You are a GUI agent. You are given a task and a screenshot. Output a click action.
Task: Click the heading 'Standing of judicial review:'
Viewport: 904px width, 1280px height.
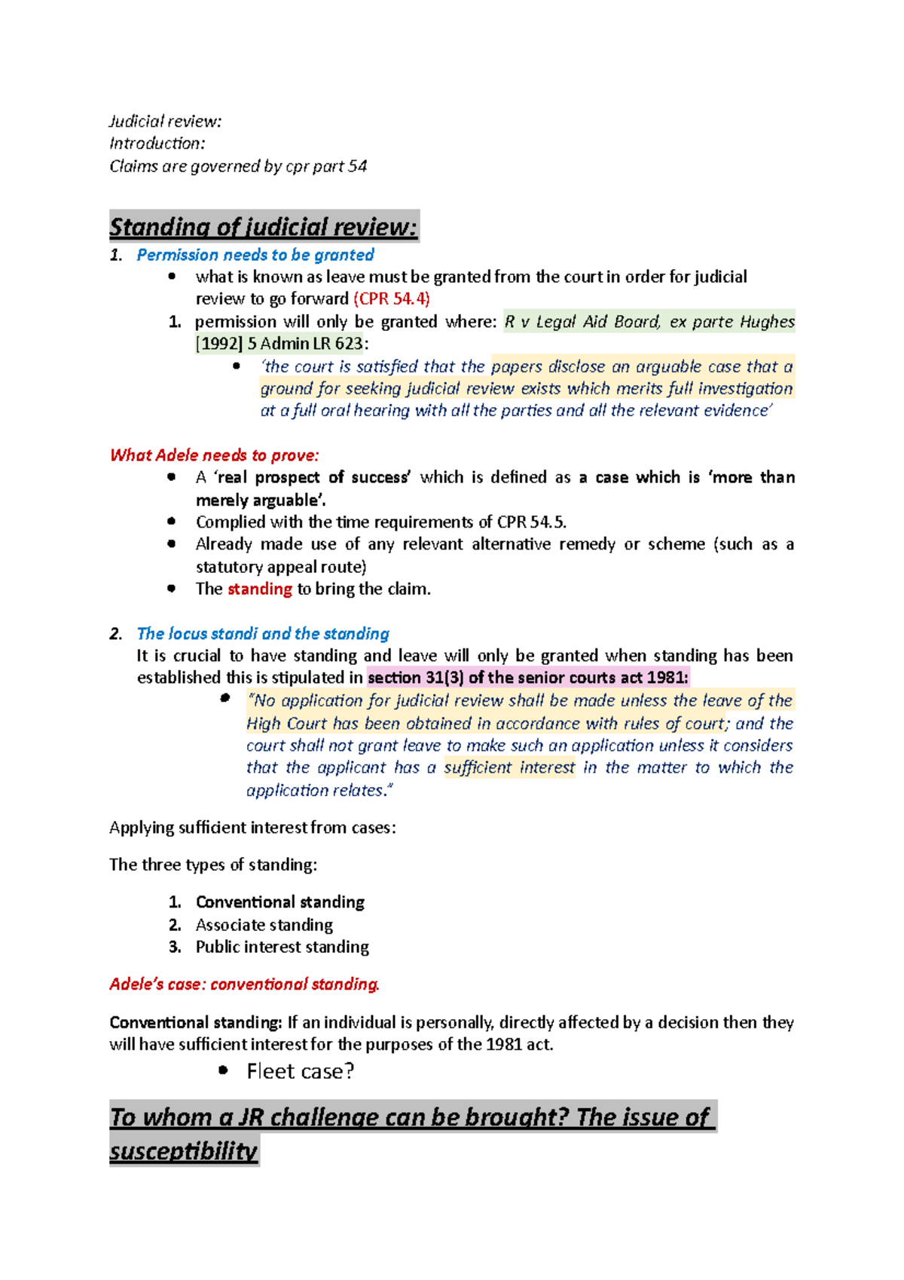click(x=263, y=227)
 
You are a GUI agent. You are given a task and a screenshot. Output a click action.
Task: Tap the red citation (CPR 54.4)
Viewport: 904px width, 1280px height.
click(x=391, y=299)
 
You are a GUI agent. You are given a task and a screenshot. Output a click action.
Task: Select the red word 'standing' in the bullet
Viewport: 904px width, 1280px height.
click(x=259, y=589)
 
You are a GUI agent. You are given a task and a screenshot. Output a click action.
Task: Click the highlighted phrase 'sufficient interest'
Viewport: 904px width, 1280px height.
click(x=508, y=768)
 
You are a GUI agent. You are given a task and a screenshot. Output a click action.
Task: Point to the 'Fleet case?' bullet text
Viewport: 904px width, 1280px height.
click(x=300, y=1071)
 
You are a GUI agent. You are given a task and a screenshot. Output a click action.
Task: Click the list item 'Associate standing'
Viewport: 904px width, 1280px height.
click(x=264, y=925)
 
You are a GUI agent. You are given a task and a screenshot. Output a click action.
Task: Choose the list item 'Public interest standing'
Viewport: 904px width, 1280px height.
click(x=282, y=948)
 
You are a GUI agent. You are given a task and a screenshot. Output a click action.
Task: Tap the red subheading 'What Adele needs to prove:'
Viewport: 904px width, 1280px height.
click(x=214, y=455)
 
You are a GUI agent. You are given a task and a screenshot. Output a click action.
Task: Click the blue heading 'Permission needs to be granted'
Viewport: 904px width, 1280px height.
click(x=255, y=256)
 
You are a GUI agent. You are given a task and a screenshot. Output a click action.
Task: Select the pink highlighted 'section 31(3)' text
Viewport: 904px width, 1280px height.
click(x=415, y=678)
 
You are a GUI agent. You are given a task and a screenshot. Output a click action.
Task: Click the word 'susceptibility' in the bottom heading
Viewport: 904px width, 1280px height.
click(x=183, y=1151)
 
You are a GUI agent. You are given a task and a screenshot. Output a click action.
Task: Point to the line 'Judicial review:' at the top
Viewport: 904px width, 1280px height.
click(x=165, y=121)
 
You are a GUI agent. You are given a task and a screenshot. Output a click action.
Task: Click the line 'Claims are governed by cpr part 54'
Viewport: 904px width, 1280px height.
click(x=238, y=167)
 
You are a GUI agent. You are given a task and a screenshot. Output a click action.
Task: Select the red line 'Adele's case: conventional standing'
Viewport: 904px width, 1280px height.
click(x=244, y=984)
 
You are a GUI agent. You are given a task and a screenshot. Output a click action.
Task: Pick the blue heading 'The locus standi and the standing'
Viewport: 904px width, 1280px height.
click(x=262, y=634)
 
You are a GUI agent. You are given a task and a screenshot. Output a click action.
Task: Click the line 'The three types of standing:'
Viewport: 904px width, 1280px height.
click(x=212, y=865)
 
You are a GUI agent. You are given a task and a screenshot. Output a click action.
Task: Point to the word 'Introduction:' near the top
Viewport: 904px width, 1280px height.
click(x=157, y=143)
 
